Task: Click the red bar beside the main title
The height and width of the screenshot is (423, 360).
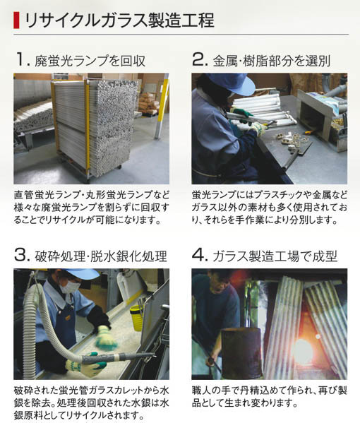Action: pos(16,20)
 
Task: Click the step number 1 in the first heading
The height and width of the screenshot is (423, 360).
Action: pos(20,59)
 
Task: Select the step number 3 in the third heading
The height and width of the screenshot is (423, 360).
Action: pos(20,255)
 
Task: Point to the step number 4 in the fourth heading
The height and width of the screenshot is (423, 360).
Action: pos(198,255)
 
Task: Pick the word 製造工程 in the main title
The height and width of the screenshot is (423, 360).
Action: pos(176,20)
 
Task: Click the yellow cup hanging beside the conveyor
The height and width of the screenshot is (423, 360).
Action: pos(136,318)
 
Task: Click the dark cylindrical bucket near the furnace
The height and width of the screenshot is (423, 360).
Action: pos(241,352)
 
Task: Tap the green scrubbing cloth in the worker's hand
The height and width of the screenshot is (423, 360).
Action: pos(107,341)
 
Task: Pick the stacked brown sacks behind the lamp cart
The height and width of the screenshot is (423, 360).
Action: pos(148,103)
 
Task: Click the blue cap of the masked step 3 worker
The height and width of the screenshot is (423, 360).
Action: pos(81,273)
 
